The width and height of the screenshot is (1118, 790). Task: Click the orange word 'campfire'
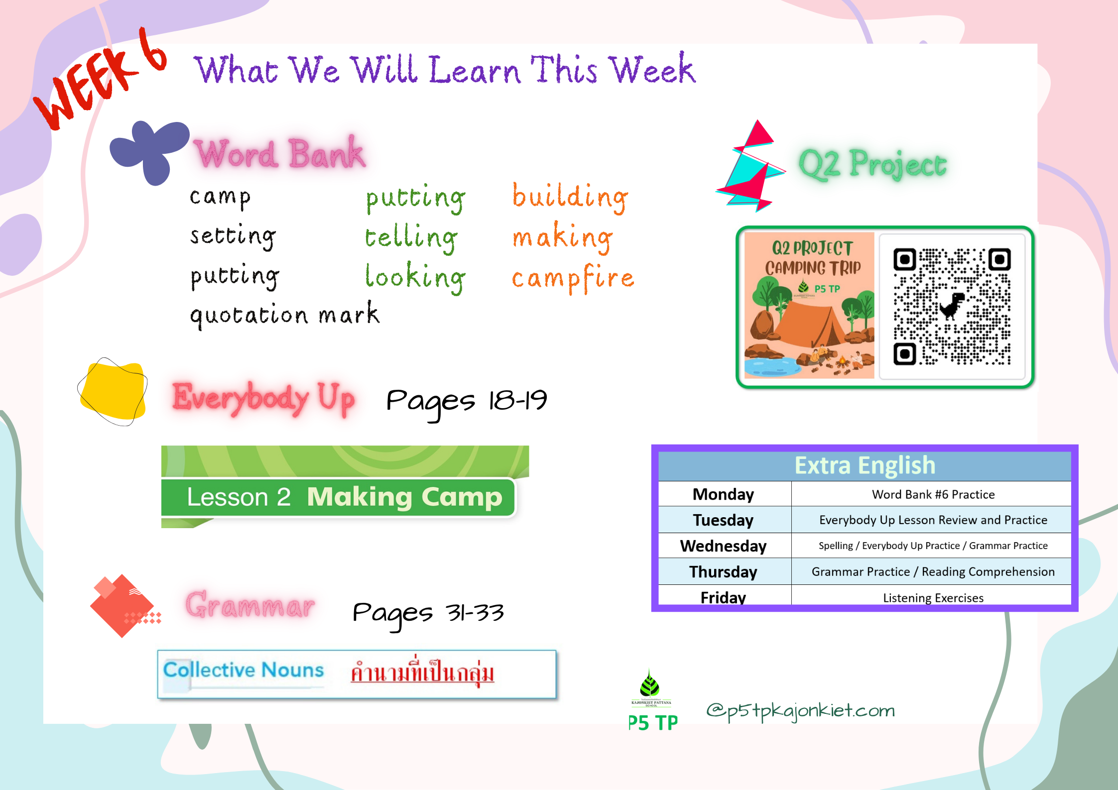573,278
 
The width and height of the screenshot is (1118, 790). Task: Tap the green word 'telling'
411,237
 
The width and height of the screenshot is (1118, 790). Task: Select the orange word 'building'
570,197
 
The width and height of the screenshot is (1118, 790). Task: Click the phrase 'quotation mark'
284,315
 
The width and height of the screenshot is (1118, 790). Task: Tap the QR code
952,306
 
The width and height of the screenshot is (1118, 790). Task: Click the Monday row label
723,494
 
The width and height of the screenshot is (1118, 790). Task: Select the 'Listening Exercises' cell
933,597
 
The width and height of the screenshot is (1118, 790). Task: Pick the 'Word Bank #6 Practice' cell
933,494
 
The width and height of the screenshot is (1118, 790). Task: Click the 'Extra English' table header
865,465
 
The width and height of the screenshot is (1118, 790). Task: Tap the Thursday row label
723,571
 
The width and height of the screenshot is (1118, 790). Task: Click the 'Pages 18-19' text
467,401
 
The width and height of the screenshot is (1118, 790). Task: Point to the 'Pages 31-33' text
428,613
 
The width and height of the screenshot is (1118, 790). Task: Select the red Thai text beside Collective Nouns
422,672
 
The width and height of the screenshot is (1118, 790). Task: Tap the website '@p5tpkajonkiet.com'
800,711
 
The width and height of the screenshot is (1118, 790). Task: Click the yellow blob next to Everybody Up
113,391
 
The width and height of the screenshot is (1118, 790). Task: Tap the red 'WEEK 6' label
100,80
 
